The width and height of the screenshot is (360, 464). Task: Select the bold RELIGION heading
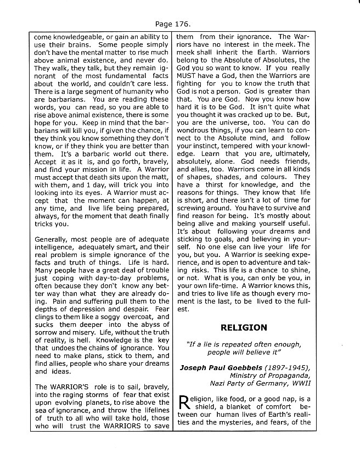click(244, 327)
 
